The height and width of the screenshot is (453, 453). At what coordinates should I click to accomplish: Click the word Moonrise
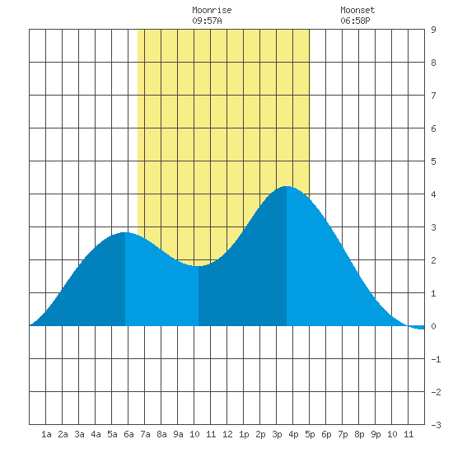[x=212, y=10]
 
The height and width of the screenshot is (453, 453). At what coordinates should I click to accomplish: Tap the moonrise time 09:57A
[x=207, y=21]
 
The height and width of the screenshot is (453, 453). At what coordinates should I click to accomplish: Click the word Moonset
[x=357, y=10]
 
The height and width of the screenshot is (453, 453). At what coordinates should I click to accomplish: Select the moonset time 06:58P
[x=355, y=21]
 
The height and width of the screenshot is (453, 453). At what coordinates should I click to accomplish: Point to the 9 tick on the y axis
[x=433, y=30]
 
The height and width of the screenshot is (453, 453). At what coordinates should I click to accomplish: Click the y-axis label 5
[x=433, y=161]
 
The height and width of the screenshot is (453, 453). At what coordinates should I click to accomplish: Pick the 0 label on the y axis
[x=433, y=326]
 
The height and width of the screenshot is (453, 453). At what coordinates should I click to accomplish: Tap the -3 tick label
[x=436, y=425]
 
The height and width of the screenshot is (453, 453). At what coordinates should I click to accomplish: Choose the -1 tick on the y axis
[x=436, y=359]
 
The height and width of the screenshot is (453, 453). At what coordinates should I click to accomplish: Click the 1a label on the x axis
[x=46, y=434]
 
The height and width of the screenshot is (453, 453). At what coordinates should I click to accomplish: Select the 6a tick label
[x=128, y=434]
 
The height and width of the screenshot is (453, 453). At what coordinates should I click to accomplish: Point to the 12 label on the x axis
[x=227, y=434]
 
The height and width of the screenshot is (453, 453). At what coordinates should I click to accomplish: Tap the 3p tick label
[x=277, y=434]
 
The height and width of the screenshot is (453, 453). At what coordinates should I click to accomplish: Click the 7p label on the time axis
[x=343, y=434]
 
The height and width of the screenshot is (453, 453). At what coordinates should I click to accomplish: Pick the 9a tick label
[x=178, y=434]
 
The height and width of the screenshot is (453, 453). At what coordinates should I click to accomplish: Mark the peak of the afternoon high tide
[x=287, y=186]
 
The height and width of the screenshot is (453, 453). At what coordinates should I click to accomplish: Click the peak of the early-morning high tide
[x=125, y=232]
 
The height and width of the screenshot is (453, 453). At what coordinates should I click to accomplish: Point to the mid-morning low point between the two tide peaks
[x=198, y=266]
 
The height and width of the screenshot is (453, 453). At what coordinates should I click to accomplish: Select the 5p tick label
[x=310, y=434]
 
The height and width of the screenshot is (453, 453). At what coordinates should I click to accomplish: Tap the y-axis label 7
[x=433, y=96]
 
